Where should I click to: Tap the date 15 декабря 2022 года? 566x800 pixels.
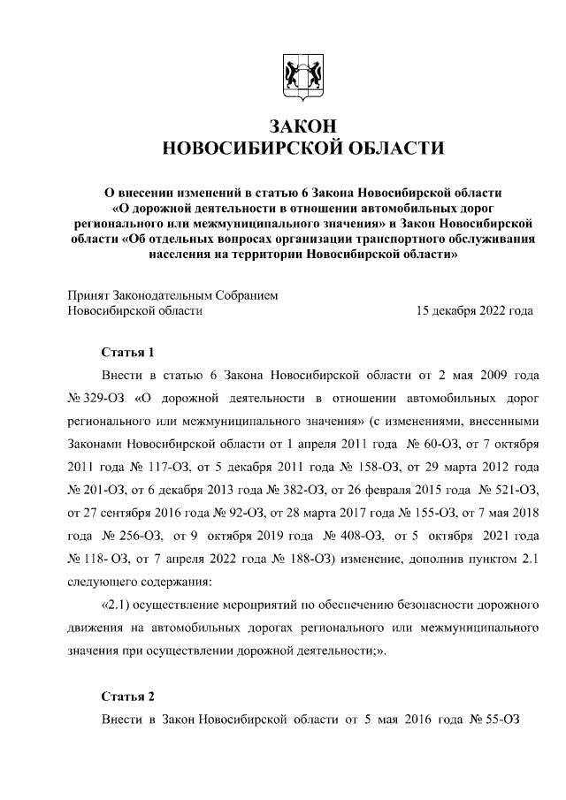click(x=474, y=310)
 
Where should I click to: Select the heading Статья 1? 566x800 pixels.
click(x=128, y=351)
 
